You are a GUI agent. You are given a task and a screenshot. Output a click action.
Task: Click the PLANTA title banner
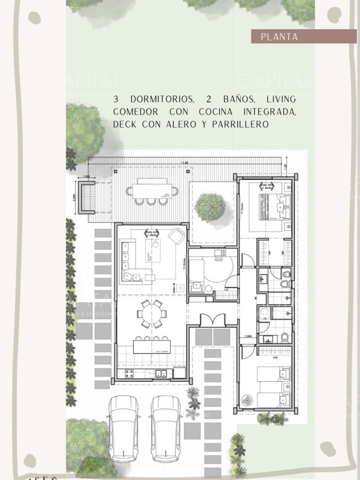(304, 37)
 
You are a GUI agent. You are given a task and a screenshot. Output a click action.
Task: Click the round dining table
(152, 312)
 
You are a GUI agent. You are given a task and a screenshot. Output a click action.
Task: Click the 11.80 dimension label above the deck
(184, 162)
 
